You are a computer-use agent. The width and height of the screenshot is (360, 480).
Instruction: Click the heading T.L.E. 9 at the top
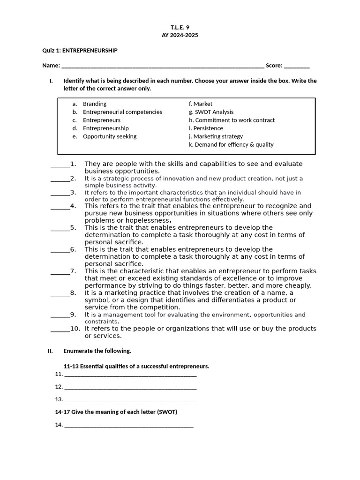tap(180, 27)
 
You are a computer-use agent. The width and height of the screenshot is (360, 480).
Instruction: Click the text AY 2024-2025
tap(180, 35)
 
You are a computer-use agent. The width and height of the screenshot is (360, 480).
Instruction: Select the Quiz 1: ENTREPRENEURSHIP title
tap(80, 51)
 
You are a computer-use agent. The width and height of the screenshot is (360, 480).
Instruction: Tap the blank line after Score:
tap(296, 66)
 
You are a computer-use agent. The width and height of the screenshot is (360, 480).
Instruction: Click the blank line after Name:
tap(163, 66)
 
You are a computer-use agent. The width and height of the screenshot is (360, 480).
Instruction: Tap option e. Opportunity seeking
tap(109, 136)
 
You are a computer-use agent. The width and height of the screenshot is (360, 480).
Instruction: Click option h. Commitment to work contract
tap(232, 120)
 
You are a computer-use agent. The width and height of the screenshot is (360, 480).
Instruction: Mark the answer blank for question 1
tap(60, 165)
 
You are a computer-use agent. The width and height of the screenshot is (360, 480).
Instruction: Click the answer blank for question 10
tap(60, 329)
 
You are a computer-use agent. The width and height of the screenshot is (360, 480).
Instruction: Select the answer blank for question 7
tap(60, 271)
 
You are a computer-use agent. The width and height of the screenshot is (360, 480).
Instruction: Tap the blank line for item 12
tap(130, 387)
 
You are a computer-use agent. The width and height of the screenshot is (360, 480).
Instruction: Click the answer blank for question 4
tap(60, 206)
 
